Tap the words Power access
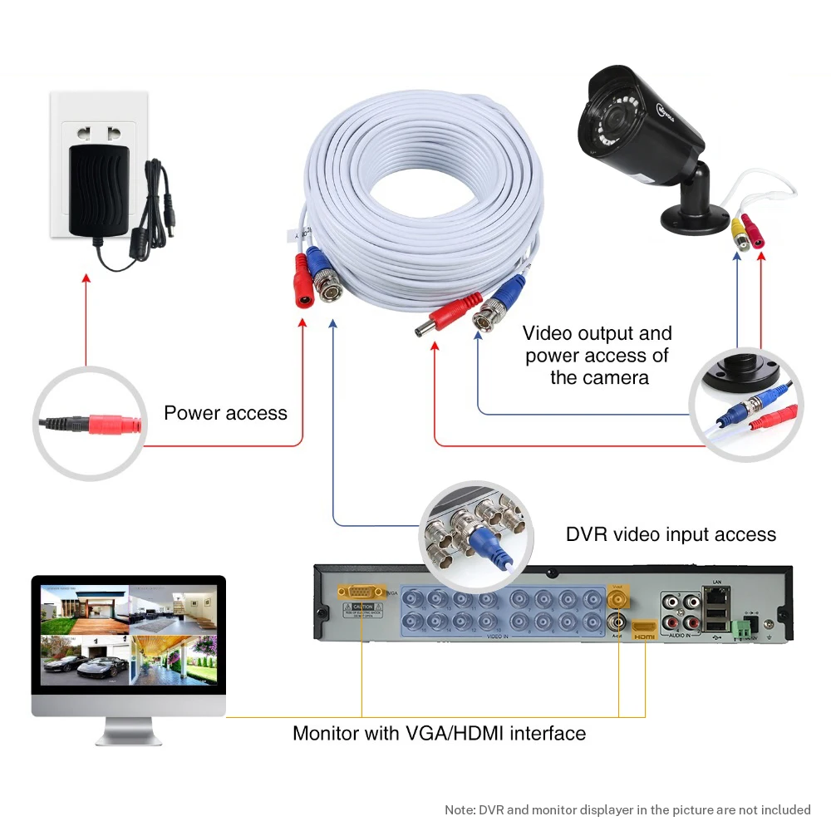coord(225,413)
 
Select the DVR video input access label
coord(671,534)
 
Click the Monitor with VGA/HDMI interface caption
coord(439,733)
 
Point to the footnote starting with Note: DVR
coord(627,809)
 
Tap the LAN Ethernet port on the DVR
coord(716,596)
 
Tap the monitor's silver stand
coord(128,732)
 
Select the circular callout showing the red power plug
coord(86,424)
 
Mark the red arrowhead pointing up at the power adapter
coord(86,280)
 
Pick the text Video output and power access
coord(597,355)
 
